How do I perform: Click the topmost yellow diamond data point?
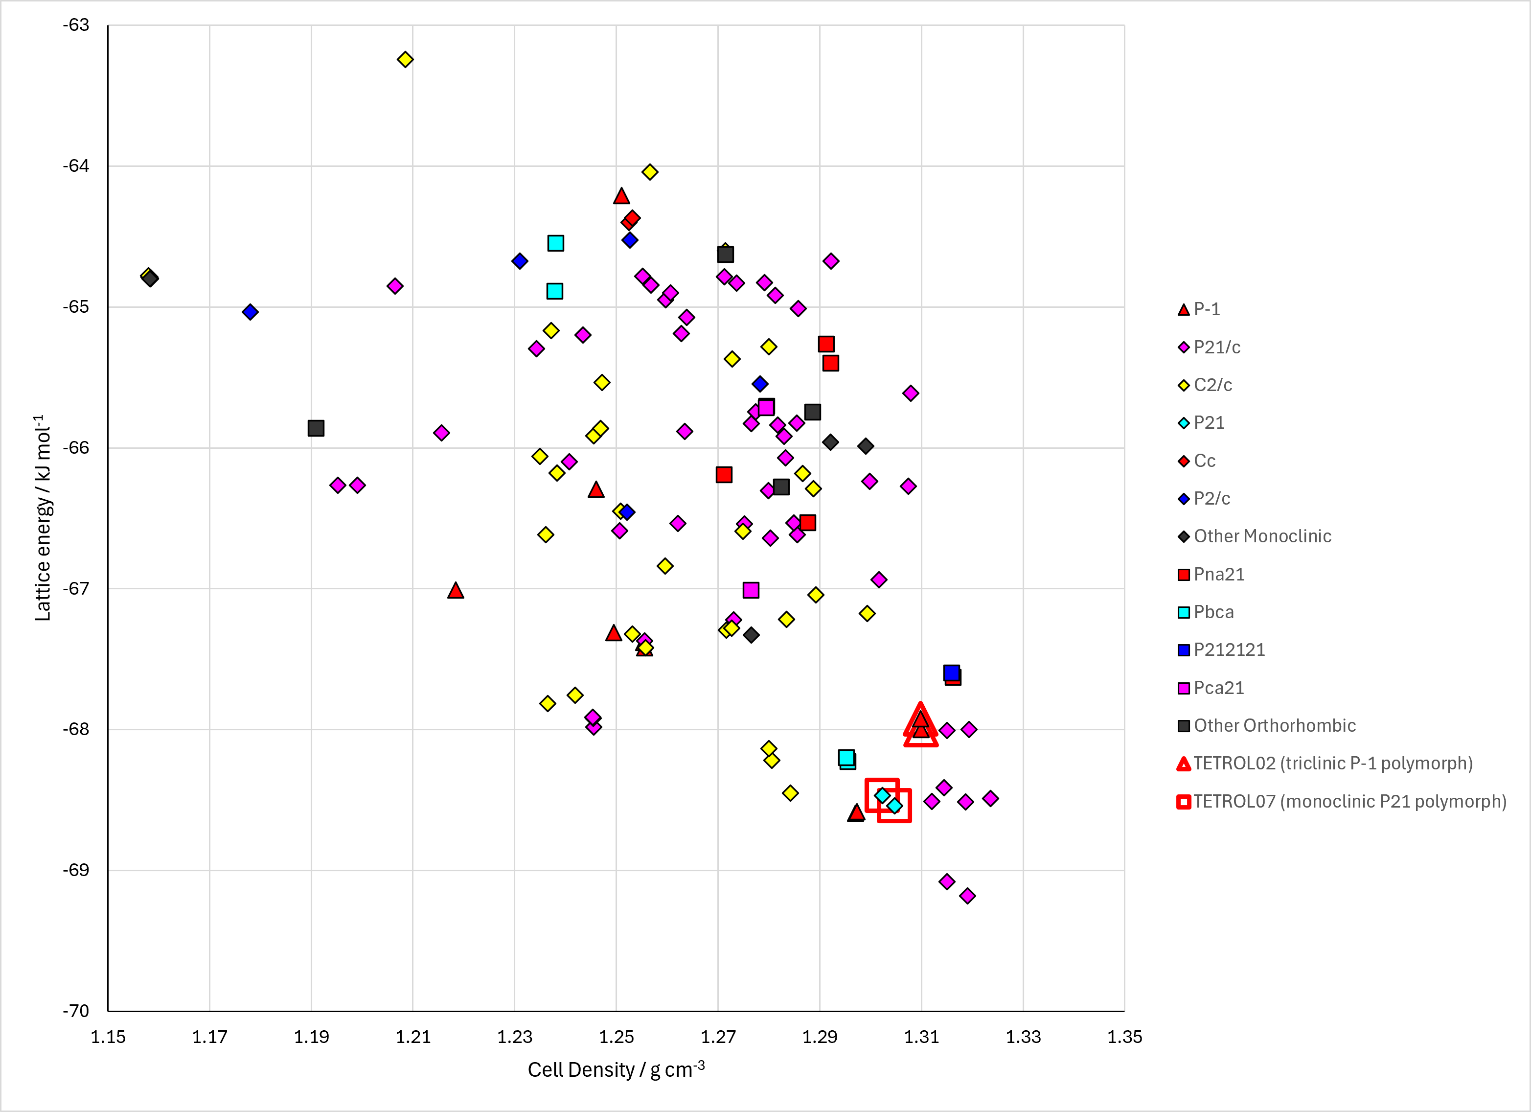point(405,59)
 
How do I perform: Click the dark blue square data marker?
point(951,672)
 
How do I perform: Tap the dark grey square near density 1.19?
point(316,428)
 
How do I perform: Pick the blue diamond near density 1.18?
point(251,312)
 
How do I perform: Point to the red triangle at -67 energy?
point(456,591)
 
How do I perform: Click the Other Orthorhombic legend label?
point(1266,726)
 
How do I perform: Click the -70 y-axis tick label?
point(76,1011)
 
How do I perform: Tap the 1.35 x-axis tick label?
point(1124,1037)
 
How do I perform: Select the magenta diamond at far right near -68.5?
point(990,798)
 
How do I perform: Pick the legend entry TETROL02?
point(1325,764)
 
